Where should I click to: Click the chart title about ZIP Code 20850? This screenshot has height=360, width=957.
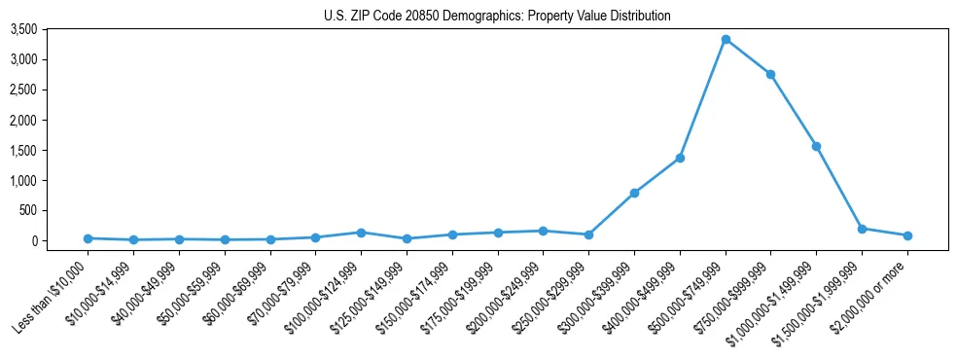[497, 16]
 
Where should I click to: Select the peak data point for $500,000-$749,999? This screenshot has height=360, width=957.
[726, 39]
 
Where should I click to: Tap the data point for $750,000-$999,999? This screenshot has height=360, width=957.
[770, 74]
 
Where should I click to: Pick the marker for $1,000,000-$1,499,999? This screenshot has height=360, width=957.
[816, 146]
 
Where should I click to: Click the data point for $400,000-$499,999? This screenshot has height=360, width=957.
[680, 158]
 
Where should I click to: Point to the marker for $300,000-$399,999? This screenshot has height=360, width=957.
[634, 193]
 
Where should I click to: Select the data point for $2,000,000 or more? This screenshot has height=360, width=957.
[907, 235]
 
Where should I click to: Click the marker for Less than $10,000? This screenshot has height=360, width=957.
[88, 238]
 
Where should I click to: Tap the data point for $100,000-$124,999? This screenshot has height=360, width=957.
[361, 233]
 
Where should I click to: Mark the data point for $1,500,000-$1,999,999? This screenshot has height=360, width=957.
[862, 229]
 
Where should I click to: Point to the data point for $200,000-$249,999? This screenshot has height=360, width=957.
[543, 231]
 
